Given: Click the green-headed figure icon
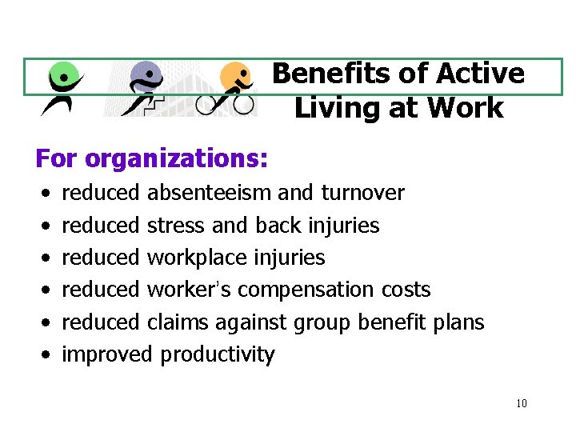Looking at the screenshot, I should pos(63,88).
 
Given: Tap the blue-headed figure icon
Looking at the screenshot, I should pos(144,88).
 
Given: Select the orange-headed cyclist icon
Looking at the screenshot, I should pos(233,88).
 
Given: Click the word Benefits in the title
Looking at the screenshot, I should pos(324,74).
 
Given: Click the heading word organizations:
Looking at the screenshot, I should pos(176,158).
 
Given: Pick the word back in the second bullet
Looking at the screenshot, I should pos(278,226).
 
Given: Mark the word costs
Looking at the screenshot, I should pos(408,290).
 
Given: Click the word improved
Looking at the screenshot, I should pos(107,354).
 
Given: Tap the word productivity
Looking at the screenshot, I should pos(218,354).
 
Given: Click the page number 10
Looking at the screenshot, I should pos(522,403).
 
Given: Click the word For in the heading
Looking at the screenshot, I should pos(56,158).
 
